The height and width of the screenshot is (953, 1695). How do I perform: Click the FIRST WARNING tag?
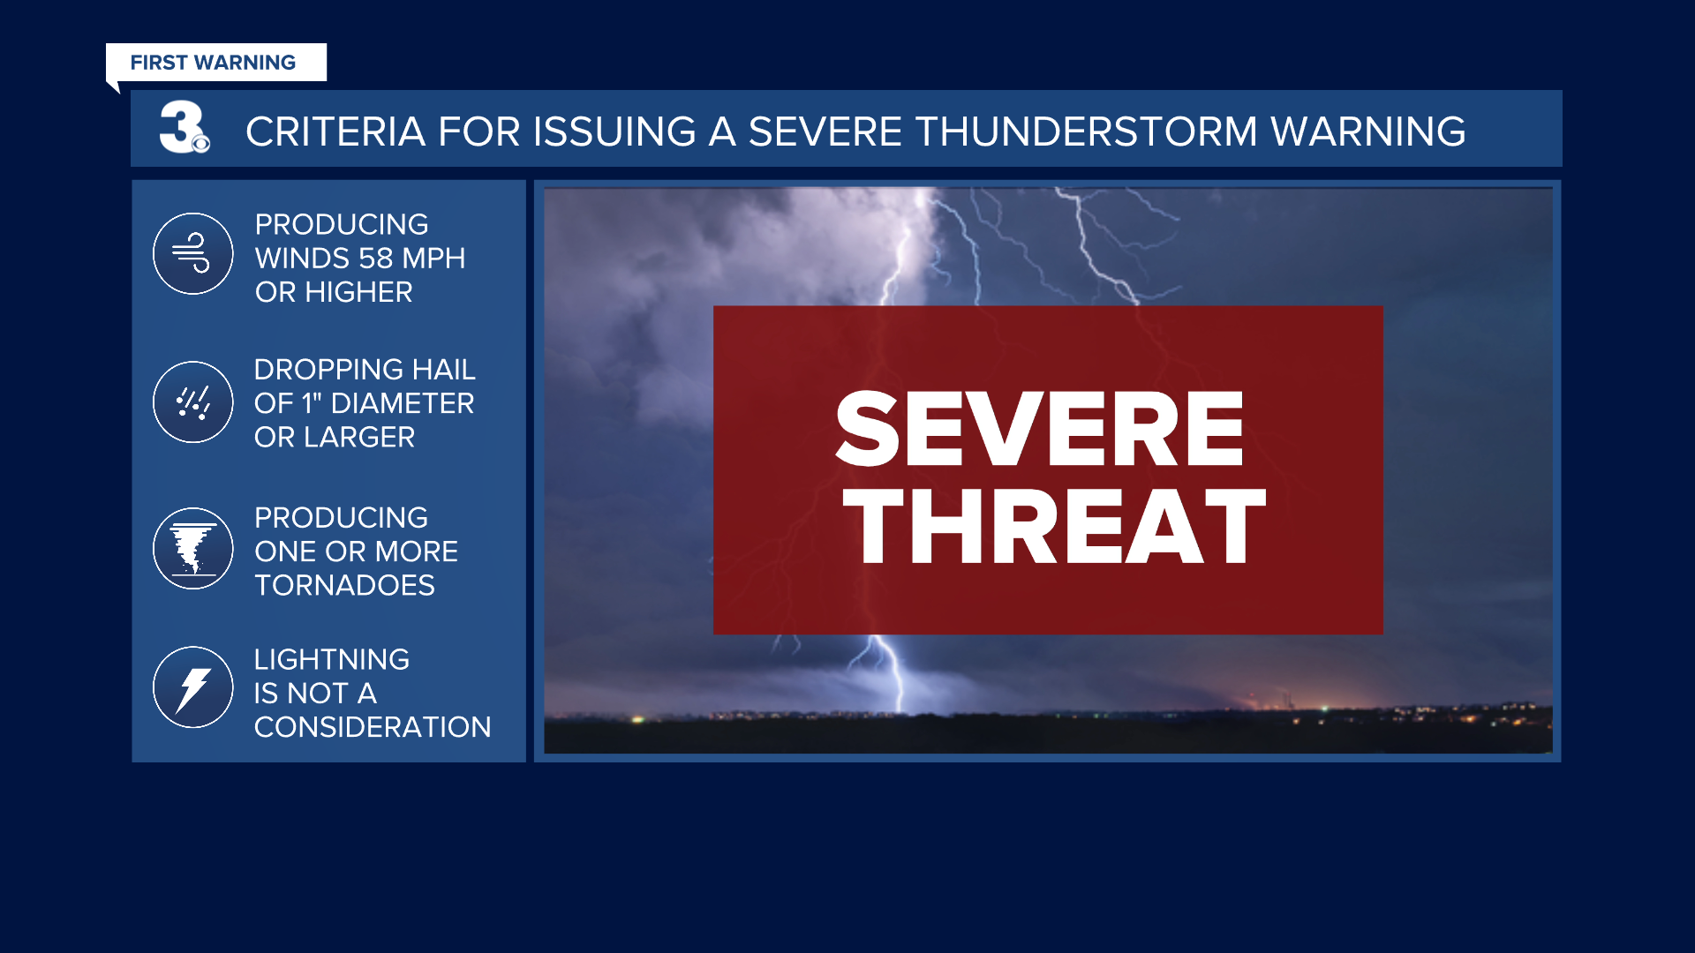(215, 63)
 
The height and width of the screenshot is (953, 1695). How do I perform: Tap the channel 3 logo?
(183, 128)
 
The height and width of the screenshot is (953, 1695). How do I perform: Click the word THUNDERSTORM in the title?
(1086, 131)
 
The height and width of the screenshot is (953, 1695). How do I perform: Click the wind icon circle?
(192, 254)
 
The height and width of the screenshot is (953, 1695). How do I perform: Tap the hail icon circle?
(192, 402)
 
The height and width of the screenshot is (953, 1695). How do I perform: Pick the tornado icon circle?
(192, 549)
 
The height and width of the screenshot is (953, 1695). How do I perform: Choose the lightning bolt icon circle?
(192, 687)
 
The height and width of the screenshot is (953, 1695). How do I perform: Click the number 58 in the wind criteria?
(375, 259)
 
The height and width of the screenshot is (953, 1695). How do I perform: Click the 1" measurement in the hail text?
(312, 403)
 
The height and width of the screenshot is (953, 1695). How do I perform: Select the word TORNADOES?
(344, 585)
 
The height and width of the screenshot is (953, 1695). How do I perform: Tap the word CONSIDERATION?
(372, 727)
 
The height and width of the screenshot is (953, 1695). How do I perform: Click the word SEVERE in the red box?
(1039, 430)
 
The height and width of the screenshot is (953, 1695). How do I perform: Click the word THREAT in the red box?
(1054, 527)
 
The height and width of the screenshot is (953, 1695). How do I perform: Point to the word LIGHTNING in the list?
(331, 660)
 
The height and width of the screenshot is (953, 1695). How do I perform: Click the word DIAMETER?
(402, 403)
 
